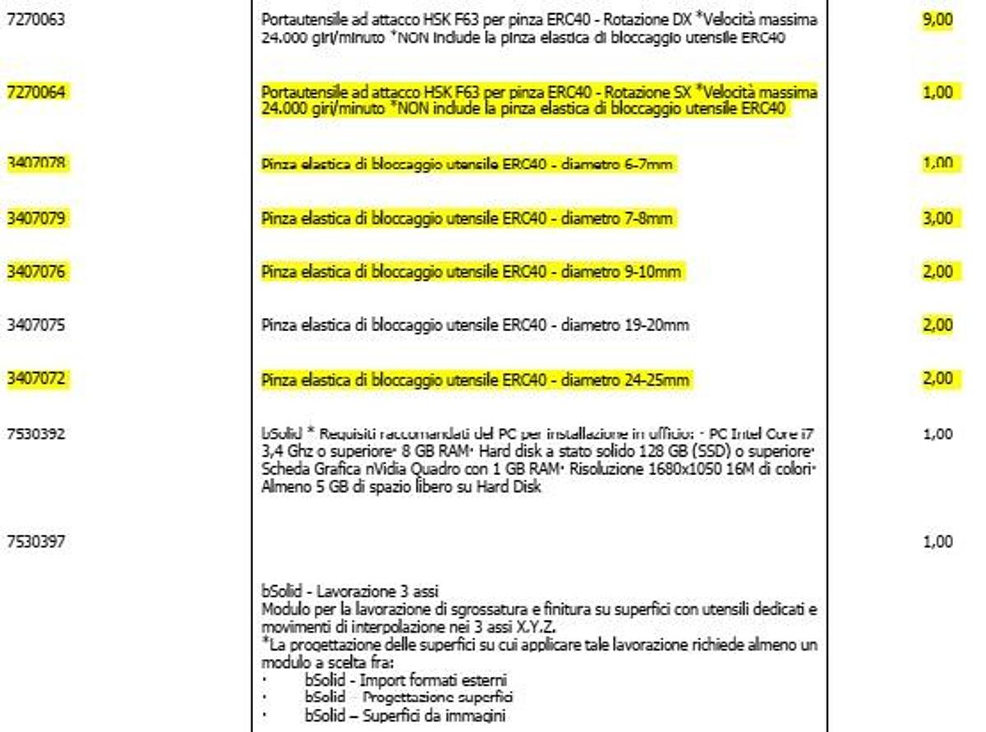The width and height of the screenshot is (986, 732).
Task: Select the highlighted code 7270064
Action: click(35, 92)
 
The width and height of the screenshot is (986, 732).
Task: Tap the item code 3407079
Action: click(35, 219)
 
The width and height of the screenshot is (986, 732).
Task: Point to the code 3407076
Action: click(35, 272)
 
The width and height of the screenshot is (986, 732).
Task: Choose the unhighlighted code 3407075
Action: click(35, 325)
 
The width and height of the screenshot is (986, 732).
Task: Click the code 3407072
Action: click(35, 379)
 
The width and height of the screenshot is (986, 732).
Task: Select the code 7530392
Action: click(35, 433)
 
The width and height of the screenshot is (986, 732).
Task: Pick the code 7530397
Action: click(35, 541)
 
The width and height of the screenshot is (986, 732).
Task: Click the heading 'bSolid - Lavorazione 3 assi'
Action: click(350, 591)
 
